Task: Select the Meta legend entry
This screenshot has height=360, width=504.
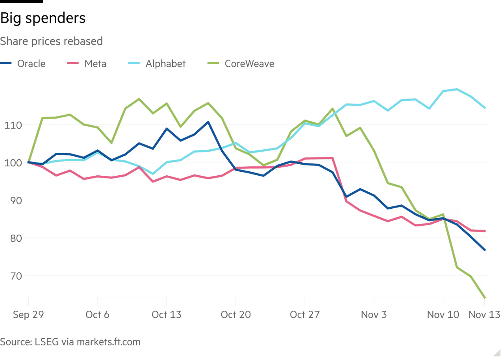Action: coord(94,63)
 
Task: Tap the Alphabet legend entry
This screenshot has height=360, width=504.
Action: coord(165,63)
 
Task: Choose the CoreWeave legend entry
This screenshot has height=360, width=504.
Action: coord(249,63)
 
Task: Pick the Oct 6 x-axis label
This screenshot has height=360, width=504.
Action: coord(97,314)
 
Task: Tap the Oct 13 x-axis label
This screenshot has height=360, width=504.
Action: coord(167,314)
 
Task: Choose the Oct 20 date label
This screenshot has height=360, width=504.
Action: coord(235,314)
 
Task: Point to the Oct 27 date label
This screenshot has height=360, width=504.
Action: coord(305,314)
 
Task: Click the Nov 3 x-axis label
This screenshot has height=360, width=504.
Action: coord(374,314)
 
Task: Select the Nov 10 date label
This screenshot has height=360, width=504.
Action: coord(443,314)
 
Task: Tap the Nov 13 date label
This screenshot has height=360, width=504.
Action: coord(484,314)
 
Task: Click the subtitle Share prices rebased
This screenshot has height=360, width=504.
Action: coord(51,41)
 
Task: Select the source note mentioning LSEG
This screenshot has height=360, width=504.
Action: coord(70,341)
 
